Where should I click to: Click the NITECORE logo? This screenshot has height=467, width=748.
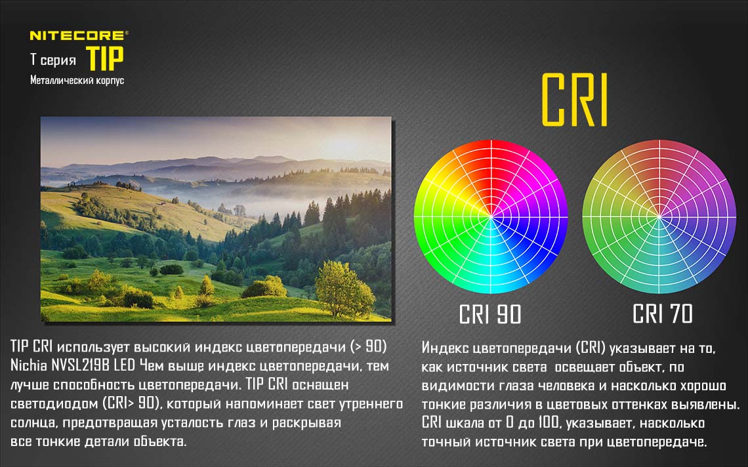79,35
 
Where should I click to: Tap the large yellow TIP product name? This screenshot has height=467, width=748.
106,58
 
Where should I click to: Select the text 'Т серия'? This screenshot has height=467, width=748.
53,60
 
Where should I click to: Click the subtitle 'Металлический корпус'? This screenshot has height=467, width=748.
77,80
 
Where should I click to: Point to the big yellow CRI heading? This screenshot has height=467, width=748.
575,100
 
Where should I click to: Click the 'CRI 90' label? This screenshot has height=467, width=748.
490,314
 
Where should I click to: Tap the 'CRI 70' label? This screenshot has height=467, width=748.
662,314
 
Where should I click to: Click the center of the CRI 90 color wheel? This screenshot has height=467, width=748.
491,217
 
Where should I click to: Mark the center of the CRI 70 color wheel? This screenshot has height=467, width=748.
659,217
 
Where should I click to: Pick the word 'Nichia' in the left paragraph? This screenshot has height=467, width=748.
29,365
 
